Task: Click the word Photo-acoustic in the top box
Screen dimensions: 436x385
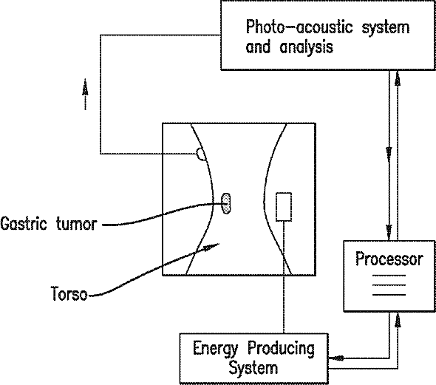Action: (x=299, y=27)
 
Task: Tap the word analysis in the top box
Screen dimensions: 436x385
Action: (x=306, y=47)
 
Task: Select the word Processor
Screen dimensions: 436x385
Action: (x=389, y=259)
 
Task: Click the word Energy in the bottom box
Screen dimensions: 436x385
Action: (x=216, y=349)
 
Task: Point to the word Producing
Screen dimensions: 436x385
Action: (x=282, y=349)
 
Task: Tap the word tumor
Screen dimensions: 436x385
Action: (x=76, y=224)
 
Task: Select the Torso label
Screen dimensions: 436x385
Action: (x=69, y=294)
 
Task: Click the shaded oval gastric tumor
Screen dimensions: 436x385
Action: (x=226, y=204)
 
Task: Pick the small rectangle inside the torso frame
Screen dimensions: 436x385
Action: (x=284, y=207)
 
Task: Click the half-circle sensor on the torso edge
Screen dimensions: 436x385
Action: (x=201, y=154)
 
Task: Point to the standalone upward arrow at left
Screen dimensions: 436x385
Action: (x=86, y=95)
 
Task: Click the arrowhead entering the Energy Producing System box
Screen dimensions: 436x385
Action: (x=337, y=358)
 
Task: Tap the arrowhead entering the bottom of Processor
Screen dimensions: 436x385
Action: (x=398, y=320)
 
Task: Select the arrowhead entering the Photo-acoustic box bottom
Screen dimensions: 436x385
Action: (x=398, y=78)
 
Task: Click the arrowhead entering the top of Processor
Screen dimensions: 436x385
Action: (x=389, y=232)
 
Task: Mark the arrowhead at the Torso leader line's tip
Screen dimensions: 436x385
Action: (x=211, y=247)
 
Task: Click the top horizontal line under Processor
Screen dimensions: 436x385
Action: (x=389, y=276)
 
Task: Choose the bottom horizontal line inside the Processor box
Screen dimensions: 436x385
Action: (x=389, y=294)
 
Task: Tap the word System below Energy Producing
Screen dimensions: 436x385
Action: (x=253, y=368)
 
